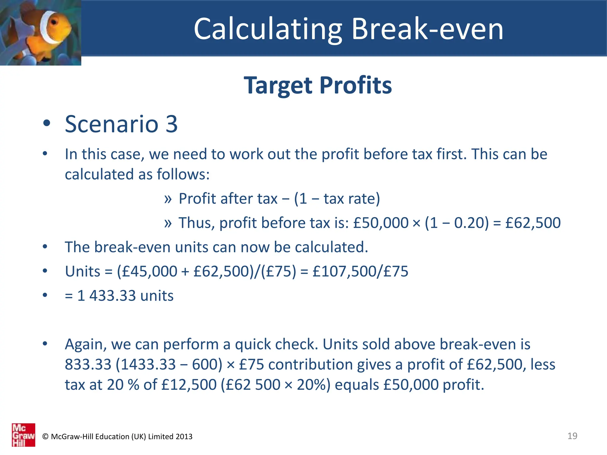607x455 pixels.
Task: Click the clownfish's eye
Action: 54,23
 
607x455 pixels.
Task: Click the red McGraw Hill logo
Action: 23,435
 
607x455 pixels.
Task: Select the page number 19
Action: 572,436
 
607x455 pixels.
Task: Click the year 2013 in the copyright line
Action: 184,437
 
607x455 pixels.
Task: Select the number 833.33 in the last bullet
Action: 88,364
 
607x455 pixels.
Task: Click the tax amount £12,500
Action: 189,384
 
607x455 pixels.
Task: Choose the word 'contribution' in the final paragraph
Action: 310,364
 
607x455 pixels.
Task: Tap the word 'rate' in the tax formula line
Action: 364,198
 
